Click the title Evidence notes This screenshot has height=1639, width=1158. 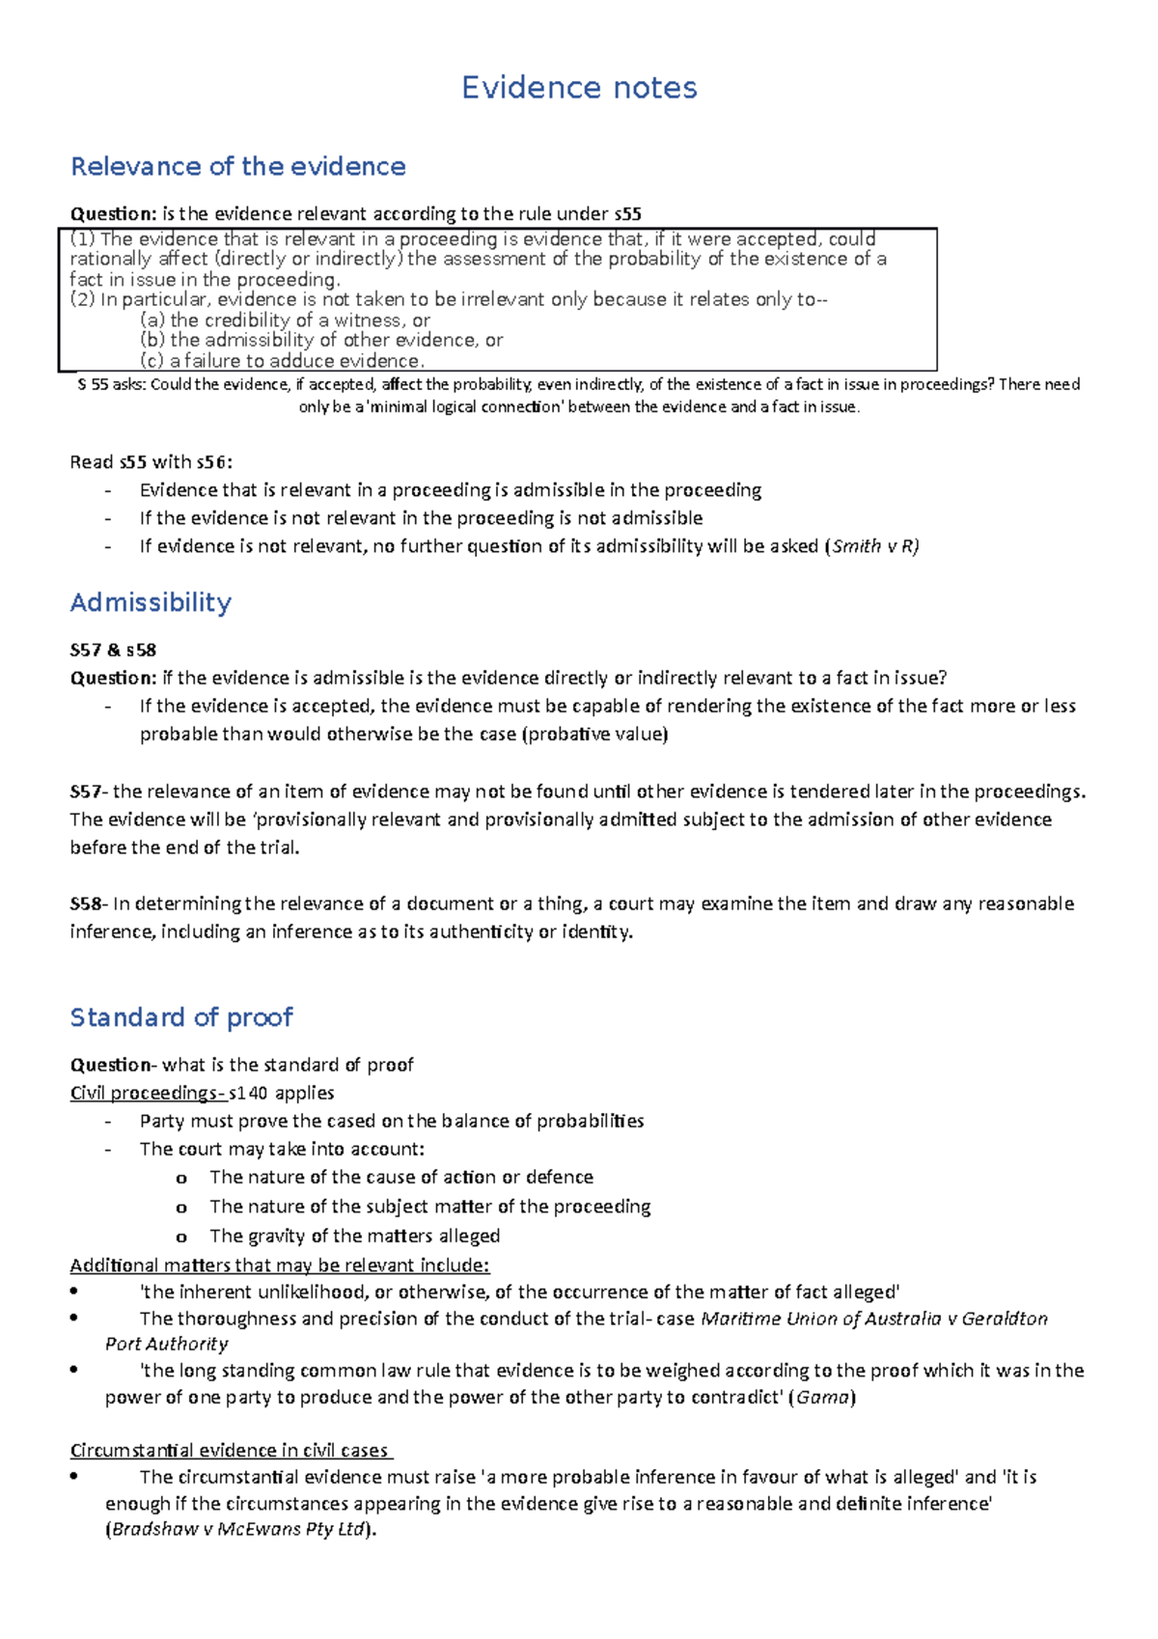(579, 88)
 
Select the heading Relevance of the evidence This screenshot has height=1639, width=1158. (237, 166)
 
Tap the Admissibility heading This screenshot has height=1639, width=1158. (151, 602)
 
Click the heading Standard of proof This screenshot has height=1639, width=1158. (181, 1017)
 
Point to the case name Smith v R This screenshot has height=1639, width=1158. (874, 546)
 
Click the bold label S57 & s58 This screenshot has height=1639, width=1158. (113, 650)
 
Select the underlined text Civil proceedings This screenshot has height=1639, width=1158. (145, 1093)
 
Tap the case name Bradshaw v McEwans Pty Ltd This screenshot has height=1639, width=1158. (238, 1529)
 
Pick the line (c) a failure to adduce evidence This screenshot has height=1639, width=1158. (282, 361)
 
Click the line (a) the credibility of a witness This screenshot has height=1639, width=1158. (285, 319)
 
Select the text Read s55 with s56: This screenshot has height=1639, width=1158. (151, 461)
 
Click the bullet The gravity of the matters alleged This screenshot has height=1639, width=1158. (354, 1236)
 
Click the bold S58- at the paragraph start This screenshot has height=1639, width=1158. (89, 903)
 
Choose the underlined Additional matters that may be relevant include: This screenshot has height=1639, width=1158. (280, 1265)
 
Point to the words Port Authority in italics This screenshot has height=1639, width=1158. (167, 1344)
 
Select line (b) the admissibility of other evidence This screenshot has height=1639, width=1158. (321, 340)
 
